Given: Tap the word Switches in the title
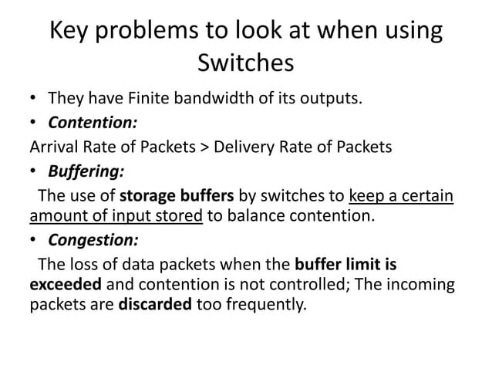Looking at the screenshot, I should click(246, 63).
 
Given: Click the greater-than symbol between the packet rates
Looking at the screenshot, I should click(203, 147).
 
